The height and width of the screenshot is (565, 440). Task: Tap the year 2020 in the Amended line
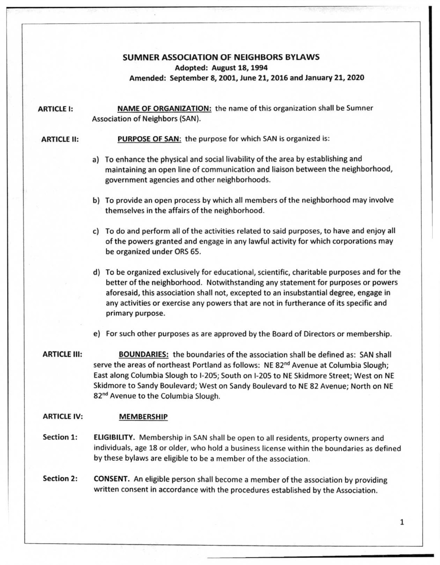click(x=355, y=78)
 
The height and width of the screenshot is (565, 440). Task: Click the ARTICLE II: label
click(x=60, y=139)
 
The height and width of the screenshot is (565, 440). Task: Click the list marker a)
click(x=96, y=160)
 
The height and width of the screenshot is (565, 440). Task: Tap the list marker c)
click(x=96, y=232)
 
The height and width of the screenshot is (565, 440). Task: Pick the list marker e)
click(x=96, y=334)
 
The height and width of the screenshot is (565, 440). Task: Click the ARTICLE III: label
click(x=62, y=354)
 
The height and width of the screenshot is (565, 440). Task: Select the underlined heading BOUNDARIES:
click(x=144, y=354)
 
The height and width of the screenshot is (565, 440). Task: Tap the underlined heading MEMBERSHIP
click(x=143, y=417)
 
